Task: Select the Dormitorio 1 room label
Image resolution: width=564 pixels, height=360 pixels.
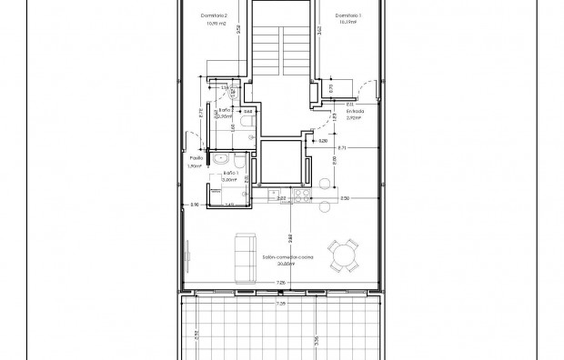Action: coord(349,15)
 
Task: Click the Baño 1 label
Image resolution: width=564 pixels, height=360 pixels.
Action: coord(231,173)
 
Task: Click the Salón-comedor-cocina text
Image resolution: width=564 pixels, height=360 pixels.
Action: coord(288,258)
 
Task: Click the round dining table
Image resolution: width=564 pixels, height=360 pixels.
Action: coord(346,255)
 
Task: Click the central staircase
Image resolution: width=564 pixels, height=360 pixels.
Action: coord(283,45)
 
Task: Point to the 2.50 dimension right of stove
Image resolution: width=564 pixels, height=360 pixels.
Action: coord(344,197)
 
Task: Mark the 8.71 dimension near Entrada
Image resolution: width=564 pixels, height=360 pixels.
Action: coord(341,147)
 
